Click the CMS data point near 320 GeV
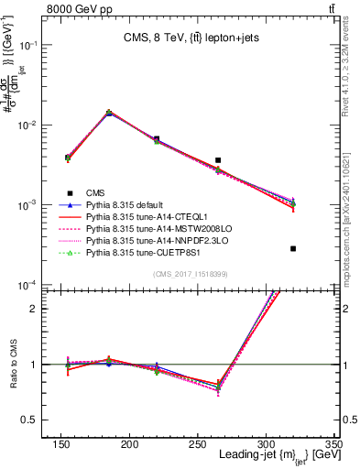click(293, 248)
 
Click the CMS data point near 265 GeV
click(218, 160)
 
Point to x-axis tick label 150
click(140, 445)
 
